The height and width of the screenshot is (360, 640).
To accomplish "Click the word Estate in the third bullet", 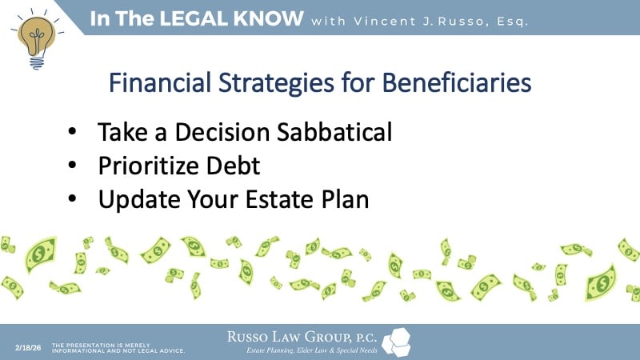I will point(271,200).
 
